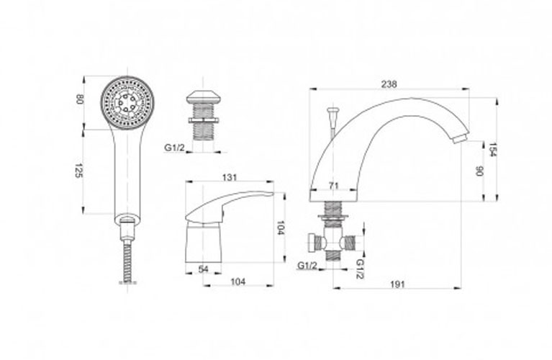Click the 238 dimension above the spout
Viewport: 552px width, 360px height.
tap(389, 84)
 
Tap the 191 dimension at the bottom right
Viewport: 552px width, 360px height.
tap(397, 284)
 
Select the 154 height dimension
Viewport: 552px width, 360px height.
tap(492, 150)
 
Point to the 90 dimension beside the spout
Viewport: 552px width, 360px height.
tap(479, 171)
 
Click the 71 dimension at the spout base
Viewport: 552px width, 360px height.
tap(333, 186)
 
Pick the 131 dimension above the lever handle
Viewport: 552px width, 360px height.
tap(230, 177)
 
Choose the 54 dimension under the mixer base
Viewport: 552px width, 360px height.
tap(204, 269)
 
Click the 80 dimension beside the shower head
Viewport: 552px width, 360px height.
tap(79, 99)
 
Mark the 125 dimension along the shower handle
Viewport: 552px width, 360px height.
tap(78, 171)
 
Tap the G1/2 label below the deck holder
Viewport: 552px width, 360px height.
tap(174, 148)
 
